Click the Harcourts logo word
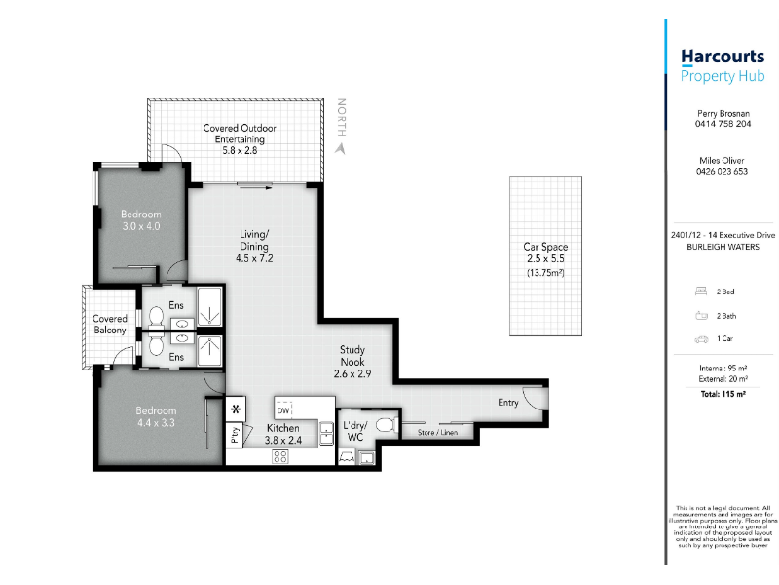click(x=723, y=57)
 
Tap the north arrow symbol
click(x=340, y=148)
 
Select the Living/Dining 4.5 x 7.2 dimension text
click(x=254, y=258)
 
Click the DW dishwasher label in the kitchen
click(x=283, y=410)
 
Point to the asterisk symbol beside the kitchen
click(x=236, y=409)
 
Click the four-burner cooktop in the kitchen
click(x=280, y=456)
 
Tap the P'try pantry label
click(x=235, y=435)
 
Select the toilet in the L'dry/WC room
click(x=386, y=425)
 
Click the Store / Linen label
click(x=437, y=432)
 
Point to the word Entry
click(x=508, y=402)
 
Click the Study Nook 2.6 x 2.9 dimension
click(x=352, y=374)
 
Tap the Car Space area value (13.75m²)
click(x=545, y=273)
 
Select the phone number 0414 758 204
click(x=723, y=124)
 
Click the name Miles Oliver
click(x=722, y=161)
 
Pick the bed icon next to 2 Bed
click(x=701, y=292)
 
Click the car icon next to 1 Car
click(x=701, y=339)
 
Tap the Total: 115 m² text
click(x=723, y=394)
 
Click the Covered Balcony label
click(x=110, y=325)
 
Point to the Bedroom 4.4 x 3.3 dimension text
click(x=156, y=423)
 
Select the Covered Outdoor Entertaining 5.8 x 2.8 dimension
click(x=240, y=150)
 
